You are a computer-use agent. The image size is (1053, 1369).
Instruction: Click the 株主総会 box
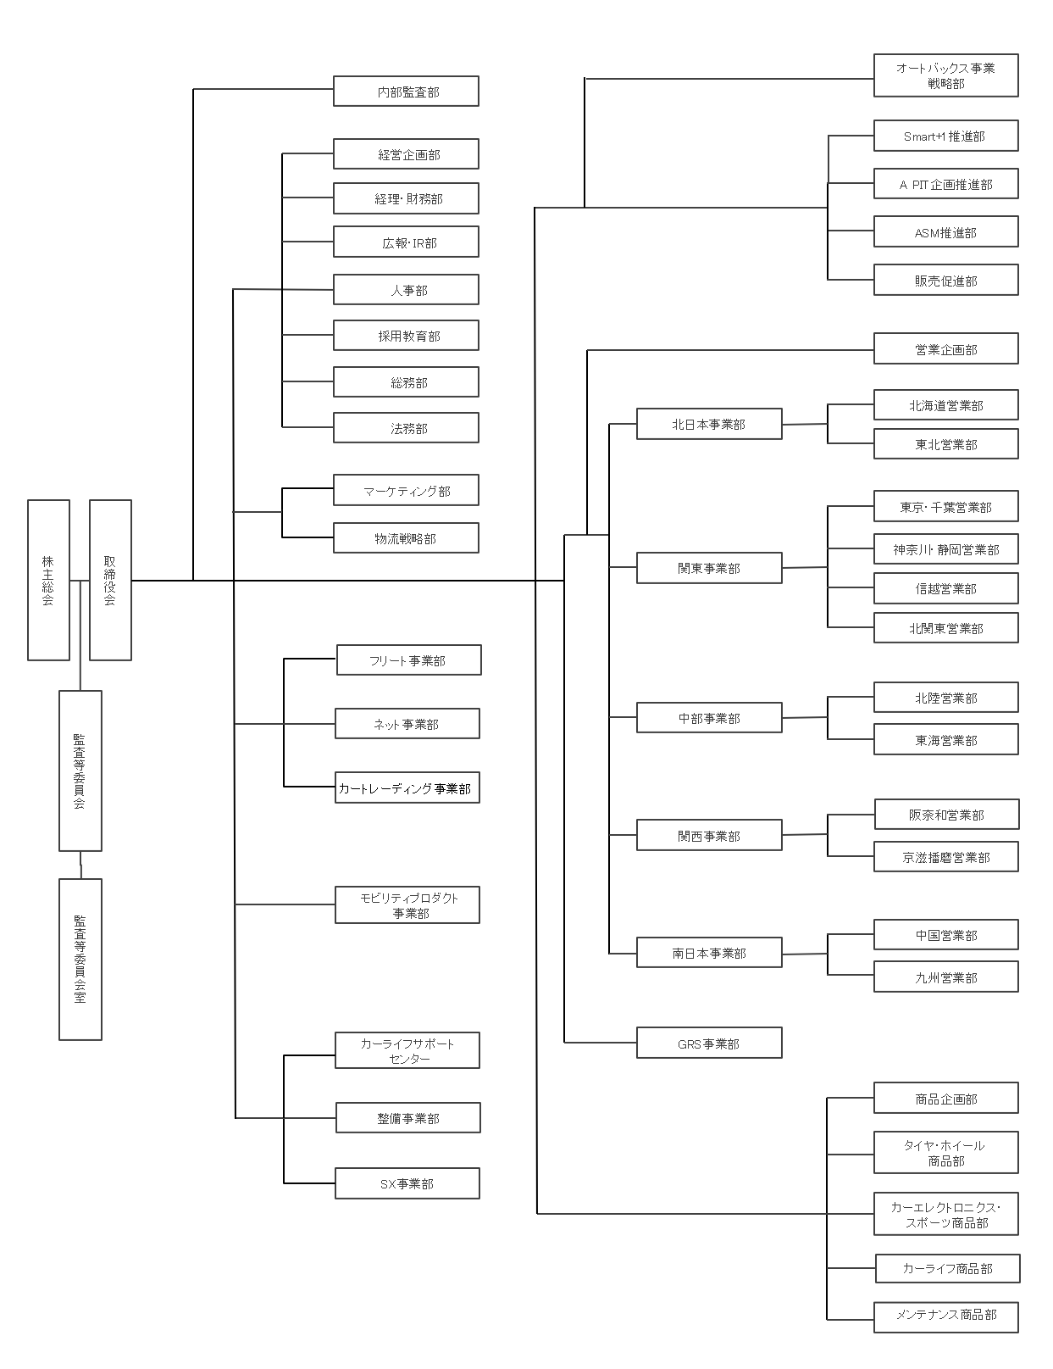(48, 580)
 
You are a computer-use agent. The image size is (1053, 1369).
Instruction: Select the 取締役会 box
(110, 580)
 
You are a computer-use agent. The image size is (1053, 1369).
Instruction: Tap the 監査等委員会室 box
(80, 959)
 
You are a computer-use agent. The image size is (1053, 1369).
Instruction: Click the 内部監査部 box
(406, 92)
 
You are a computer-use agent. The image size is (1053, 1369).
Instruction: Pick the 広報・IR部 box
(406, 242)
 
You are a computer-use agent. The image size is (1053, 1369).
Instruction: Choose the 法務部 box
(406, 428)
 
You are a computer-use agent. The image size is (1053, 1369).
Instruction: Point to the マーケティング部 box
(406, 490)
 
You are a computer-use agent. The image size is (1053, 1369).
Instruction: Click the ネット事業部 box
(407, 724)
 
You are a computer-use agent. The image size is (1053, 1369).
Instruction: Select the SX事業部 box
(407, 1183)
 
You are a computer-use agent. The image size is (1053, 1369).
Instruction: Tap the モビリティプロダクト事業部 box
(407, 905)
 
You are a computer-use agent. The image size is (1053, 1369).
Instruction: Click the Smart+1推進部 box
(945, 136)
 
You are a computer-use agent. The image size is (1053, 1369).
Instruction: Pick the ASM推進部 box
(945, 232)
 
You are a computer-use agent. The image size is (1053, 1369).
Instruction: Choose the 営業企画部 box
(945, 349)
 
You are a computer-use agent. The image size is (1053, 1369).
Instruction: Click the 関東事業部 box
(709, 568)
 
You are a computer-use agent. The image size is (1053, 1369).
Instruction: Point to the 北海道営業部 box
(945, 405)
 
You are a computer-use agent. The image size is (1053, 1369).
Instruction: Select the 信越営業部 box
(945, 588)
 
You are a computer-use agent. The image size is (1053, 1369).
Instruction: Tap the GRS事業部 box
(709, 1043)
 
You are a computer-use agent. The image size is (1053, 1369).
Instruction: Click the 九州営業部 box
(945, 977)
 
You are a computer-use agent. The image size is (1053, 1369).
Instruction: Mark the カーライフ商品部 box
(947, 1269)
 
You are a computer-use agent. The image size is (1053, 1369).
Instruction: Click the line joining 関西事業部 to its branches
(805, 835)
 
